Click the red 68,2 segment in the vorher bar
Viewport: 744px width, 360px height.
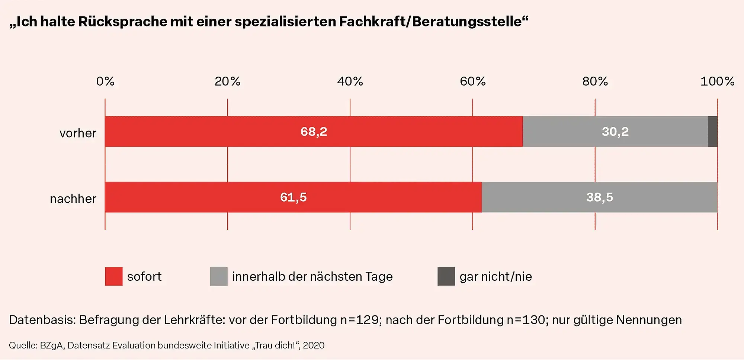314,132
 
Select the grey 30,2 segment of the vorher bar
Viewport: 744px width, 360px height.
615,132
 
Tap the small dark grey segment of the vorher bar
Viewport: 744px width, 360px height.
712,132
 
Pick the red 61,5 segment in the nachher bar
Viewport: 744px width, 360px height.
293,197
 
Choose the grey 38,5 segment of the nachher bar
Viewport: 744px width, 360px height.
599,197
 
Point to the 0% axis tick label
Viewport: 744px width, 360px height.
105,81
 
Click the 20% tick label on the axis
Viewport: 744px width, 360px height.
227,81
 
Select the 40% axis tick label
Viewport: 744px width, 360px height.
350,81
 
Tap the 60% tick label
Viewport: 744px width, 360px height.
472,81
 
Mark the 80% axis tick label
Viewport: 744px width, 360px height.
595,81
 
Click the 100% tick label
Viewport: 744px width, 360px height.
717,81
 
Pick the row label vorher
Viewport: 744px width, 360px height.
78,133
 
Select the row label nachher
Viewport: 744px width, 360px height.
73,199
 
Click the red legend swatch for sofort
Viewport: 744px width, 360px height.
114,276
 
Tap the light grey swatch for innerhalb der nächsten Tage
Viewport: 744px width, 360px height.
219,276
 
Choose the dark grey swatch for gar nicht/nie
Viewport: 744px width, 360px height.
446,276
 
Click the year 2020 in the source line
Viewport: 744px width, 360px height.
314,345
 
